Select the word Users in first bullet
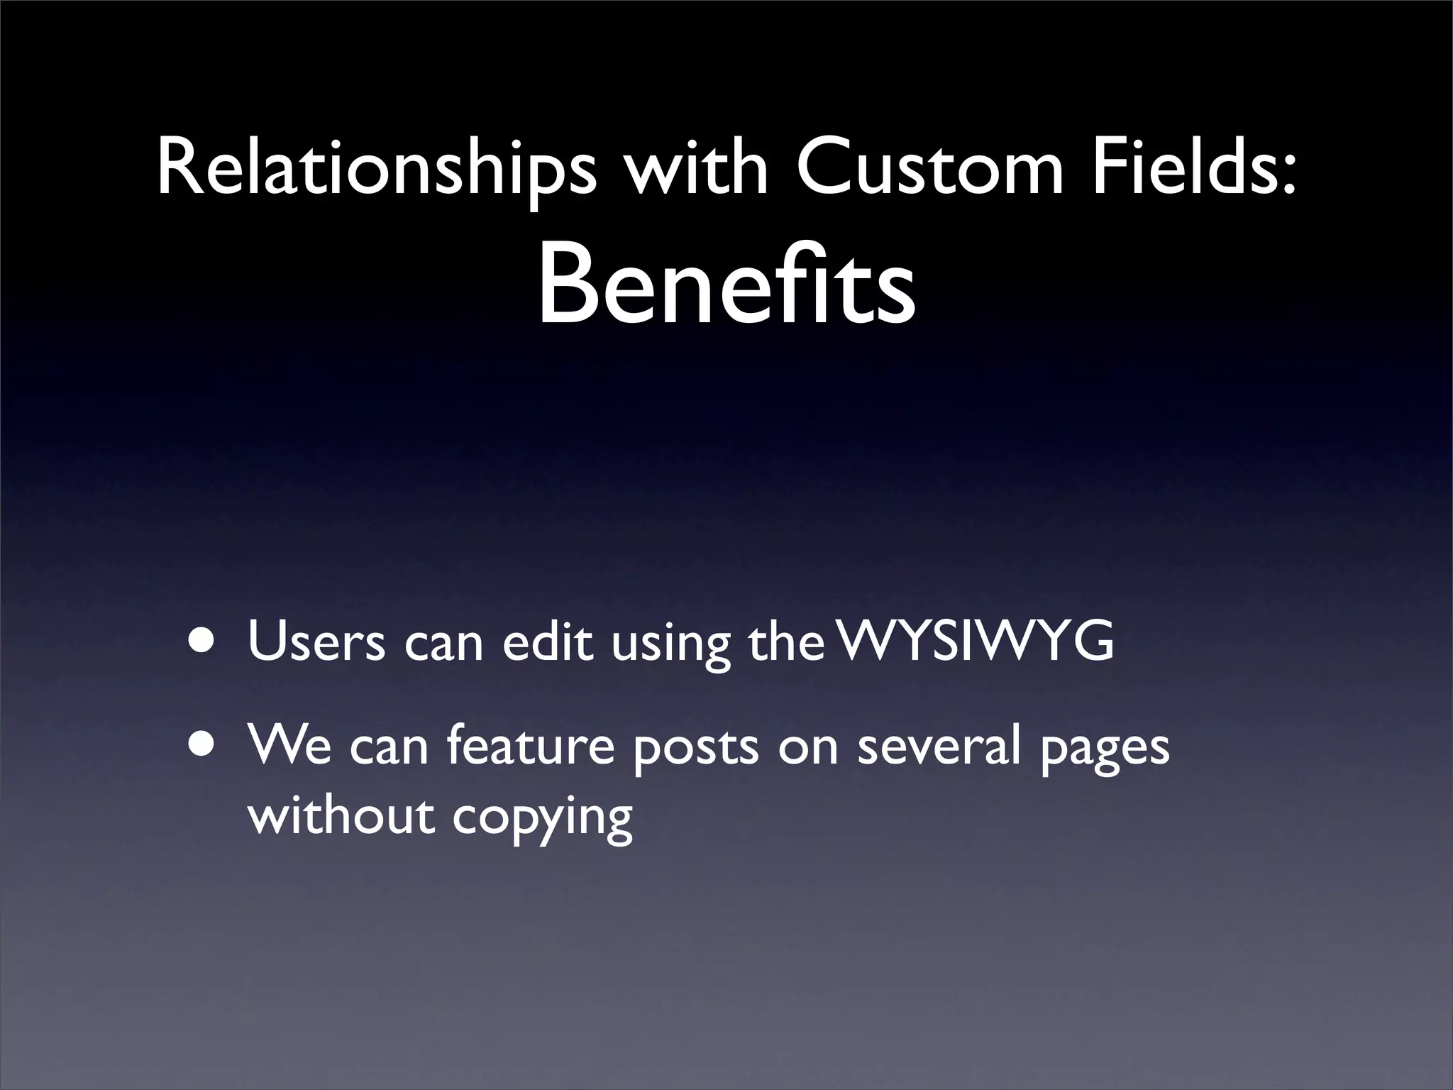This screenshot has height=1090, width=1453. tap(316, 641)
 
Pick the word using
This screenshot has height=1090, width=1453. tap(670, 646)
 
